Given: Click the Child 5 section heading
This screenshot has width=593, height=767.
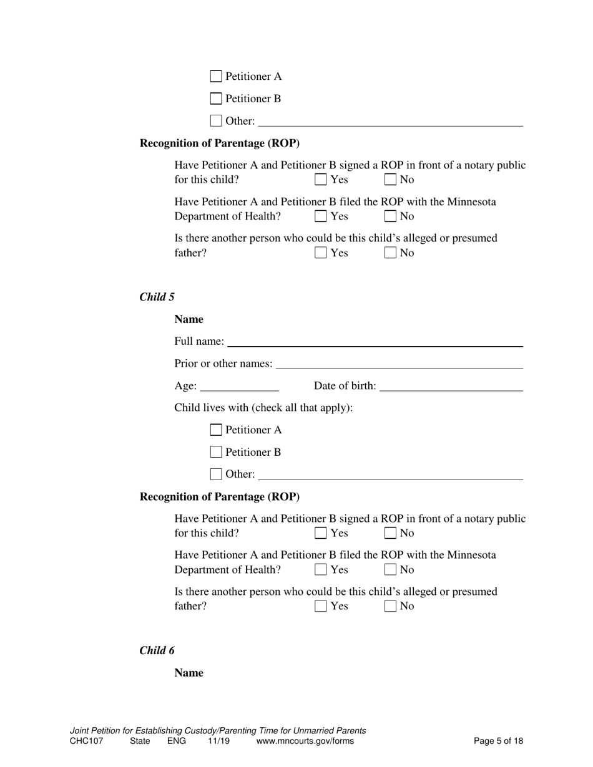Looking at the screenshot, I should point(157,297).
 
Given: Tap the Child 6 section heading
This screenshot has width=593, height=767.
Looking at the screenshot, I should point(157,650).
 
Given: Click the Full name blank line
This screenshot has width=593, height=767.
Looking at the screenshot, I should point(375,341).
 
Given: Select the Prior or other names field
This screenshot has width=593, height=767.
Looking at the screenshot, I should point(399,364).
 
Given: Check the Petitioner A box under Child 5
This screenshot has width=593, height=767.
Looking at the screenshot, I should point(216,430).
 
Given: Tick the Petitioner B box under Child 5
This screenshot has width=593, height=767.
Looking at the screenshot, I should point(216,452).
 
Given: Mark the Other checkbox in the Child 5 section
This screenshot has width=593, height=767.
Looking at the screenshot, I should point(216,474).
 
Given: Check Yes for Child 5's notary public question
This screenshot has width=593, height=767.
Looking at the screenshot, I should point(321,533).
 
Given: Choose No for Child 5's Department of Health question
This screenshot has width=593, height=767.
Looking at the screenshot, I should point(391,569).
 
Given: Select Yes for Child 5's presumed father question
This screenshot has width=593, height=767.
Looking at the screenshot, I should point(321,605).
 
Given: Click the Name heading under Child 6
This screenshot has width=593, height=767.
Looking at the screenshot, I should point(189,673).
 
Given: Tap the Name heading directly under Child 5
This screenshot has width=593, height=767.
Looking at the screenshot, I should point(189,319).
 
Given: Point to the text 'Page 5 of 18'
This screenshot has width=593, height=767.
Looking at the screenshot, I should point(498,741).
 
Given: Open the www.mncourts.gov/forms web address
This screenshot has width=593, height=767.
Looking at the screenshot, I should point(305,741).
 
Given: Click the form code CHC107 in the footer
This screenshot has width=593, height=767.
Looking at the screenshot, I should point(86,741).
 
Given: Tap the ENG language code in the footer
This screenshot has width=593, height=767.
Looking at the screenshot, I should point(177,741).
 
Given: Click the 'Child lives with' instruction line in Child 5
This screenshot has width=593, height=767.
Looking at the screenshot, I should point(263,408).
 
